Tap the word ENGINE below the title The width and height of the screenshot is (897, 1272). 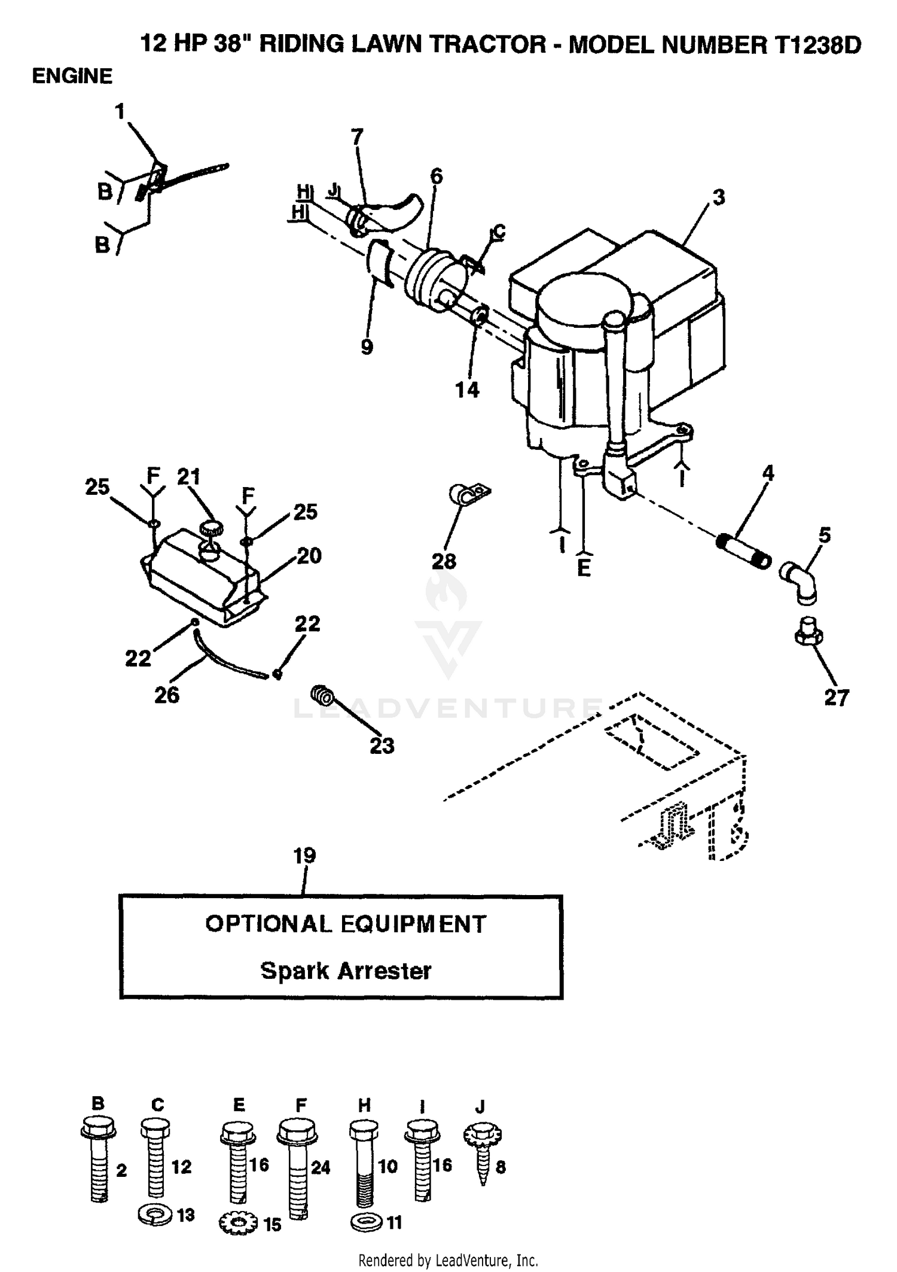(72, 76)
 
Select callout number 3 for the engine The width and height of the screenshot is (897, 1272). (719, 197)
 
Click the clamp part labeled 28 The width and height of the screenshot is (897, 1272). (469, 494)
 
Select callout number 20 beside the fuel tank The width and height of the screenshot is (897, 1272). (309, 556)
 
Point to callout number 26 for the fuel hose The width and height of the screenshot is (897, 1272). (167, 695)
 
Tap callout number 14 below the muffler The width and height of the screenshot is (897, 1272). (467, 389)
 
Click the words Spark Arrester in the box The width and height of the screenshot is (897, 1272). (346, 970)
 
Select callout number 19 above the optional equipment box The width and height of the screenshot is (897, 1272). (304, 856)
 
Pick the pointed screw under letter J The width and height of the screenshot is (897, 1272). (483, 1157)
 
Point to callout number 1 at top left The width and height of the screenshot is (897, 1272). (120, 111)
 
